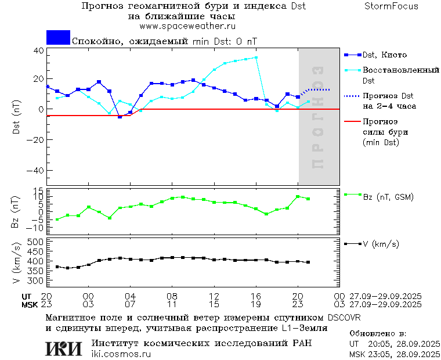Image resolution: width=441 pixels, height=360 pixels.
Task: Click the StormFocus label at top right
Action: click(x=391, y=6)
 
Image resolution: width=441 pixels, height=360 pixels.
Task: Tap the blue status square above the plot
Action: click(x=58, y=37)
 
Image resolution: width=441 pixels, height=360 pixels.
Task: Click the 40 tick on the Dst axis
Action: click(x=39, y=51)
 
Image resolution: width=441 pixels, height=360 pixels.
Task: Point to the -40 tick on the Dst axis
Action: click(x=37, y=171)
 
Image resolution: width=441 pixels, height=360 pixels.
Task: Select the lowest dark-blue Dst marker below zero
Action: click(x=120, y=117)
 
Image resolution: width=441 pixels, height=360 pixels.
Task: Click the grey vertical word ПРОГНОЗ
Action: click(x=317, y=117)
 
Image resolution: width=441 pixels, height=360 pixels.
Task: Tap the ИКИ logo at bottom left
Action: click(x=64, y=348)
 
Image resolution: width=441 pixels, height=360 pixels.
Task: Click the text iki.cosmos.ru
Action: click(x=121, y=354)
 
